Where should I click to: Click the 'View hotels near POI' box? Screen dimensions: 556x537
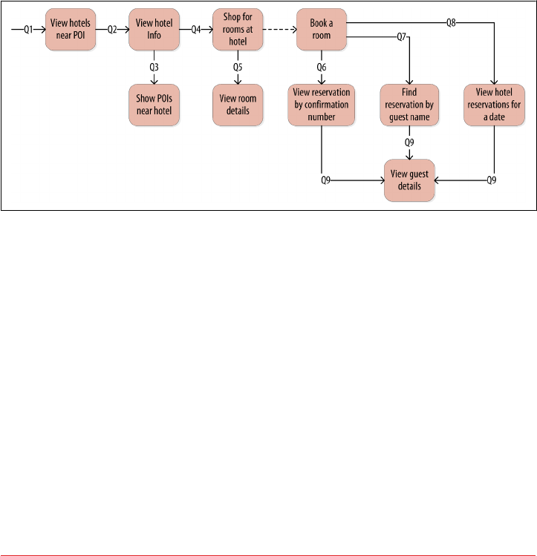point(71,30)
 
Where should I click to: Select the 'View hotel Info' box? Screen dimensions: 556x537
point(154,30)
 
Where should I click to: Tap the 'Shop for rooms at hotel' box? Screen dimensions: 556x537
point(238,30)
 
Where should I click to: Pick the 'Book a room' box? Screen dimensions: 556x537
point(322,30)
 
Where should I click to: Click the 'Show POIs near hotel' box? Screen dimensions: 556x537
point(154,105)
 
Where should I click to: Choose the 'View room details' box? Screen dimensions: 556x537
point(238,105)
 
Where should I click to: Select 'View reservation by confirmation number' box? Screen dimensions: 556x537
point(322,105)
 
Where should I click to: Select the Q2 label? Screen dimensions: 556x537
point(112,30)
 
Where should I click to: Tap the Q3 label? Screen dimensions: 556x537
point(154,68)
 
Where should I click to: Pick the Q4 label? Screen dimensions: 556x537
point(196,30)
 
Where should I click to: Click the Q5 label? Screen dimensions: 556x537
point(238,68)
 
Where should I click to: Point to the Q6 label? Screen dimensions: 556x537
point(322,68)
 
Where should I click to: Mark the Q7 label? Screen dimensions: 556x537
point(402,37)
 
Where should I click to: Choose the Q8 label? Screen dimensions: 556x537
point(451,22)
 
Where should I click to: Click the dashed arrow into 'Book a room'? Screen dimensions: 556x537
point(279,30)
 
